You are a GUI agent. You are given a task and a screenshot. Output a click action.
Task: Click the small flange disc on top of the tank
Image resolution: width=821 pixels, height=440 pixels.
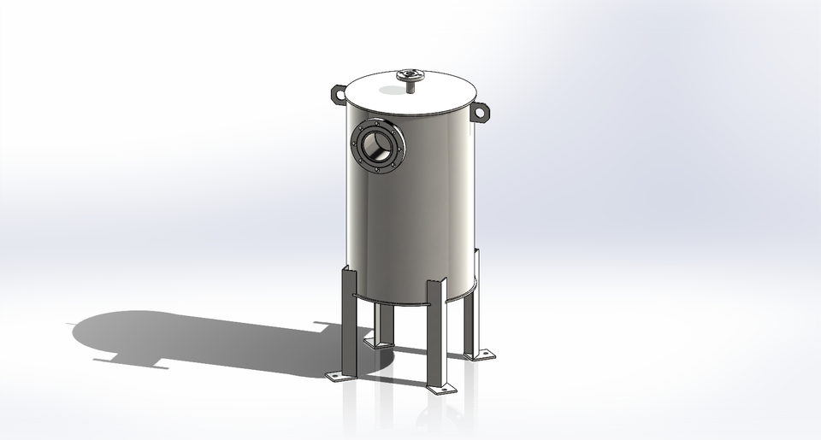pyautogui.click(x=411, y=75)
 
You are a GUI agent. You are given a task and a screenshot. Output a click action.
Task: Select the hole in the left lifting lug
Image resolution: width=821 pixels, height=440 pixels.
pyautogui.click(x=335, y=90)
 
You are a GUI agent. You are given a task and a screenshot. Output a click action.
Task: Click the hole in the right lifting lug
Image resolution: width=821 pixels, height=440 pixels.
pyautogui.click(x=481, y=111)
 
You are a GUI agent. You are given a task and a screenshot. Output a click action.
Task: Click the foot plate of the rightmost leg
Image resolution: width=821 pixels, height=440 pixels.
pyautogui.click(x=479, y=354)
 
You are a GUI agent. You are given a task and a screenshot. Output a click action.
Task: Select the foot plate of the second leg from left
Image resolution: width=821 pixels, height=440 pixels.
pyautogui.click(x=378, y=343)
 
